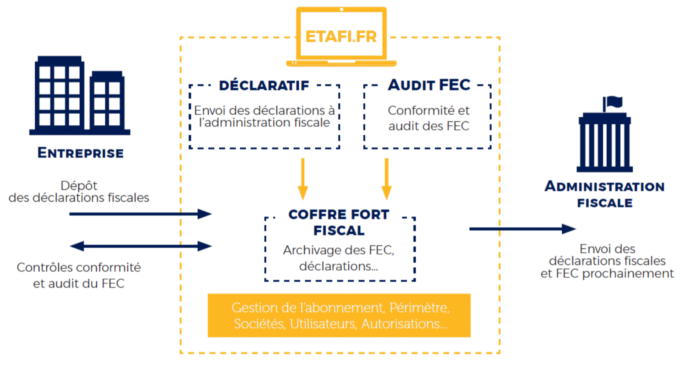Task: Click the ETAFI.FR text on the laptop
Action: pyautogui.click(x=341, y=37)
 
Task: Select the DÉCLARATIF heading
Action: pyautogui.click(x=264, y=85)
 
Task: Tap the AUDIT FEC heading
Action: pyautogui.click(x=429, y=85)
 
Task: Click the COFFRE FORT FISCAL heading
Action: pyautogui.click(x=339, y=222)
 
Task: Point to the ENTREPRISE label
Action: pyautogui.click(x=81, y=153)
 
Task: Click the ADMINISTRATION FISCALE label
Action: pyautogui.click(x=605, y=194)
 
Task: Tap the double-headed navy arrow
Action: pyautogui.click(x=141, y=246)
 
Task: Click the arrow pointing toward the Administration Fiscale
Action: pyautogui.click(x=522, y=229)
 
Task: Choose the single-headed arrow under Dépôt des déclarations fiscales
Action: pyautogui.click(x=141, y=214)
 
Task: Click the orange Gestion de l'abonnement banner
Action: pyautogui.click(x=339, y=315)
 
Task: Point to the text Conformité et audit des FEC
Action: pyautogui.click(x=428, y=118)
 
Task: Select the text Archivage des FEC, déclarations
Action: pyautogui.click(x=339, y=258)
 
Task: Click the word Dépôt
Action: pyautogui.click(x=79, y=185)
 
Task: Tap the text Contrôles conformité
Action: pyautogui.click(x=79, y=267)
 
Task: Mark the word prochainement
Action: pyautogui.click(x=628, y=273)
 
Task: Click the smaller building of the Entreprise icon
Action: pyautogui.click(x=107, y=102)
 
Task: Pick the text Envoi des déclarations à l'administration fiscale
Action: pyautogui.click(x=264, y=116)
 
